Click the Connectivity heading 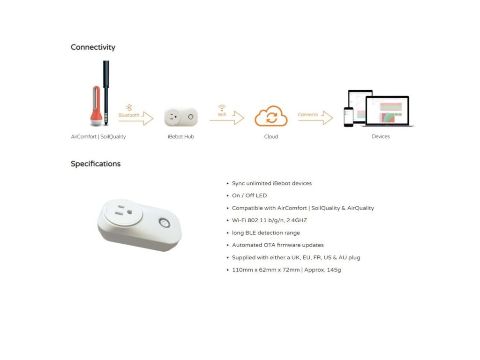pyautogui.click(x=93, y=47)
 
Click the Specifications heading pyautogui.click(x=96, y=164)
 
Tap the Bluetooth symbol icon pyautogui.click(x=129, y=108)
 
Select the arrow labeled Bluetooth pyautogui.click(x=136, y=119)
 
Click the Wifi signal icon pyautogui.click(x=222, y=108)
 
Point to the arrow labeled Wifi pyautogui.click(x=227, y=119)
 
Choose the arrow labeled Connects pyautogui.click(x=315, y=118)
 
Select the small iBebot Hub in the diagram pyautogui.click(x=181, y=117)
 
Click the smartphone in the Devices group pyautogui.click(x=348, y=117)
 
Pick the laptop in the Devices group pyautogui.click(x=387, y=112)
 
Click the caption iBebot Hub pyautogui.click(x=181, y=137)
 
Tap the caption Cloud pyautogui.click(x=271, y=137)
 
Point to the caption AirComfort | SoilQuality pyautogui.click(x=98, y=137)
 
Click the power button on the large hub pyautogui.click(x=164, y=222)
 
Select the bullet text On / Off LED pyautogui.click(x=249, y=195)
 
